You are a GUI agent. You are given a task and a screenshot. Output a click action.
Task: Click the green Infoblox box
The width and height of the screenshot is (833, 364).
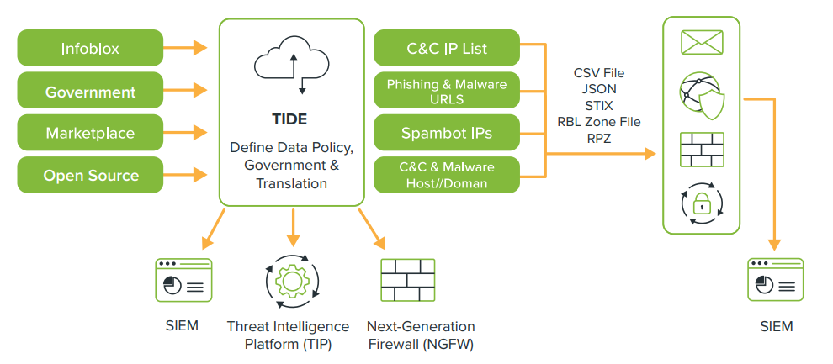point(90,48)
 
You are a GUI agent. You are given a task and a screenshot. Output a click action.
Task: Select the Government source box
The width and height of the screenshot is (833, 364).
point(90,91)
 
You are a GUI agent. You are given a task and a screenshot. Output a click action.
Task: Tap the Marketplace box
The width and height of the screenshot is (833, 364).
point(90,133)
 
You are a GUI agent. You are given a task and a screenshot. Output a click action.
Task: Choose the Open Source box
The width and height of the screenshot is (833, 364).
point(90,176)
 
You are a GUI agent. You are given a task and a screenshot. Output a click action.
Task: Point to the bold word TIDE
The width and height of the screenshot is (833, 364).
point(291,119)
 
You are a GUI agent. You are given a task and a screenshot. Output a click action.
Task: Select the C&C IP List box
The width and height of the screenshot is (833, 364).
point(447,48)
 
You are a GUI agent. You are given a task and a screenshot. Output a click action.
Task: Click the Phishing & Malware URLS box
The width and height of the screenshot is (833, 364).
point(447,91)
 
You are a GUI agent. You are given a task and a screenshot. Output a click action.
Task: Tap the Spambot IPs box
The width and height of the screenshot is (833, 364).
point(447,133)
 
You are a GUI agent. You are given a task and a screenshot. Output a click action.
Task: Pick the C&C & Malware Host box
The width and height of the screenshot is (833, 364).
point(447,174)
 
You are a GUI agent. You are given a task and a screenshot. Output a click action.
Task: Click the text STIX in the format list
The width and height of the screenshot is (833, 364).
point(598,106)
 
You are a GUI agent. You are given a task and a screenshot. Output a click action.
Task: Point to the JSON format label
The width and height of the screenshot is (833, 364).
point(598,89)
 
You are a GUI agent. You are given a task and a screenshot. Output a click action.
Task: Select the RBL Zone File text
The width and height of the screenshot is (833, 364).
point(598,122)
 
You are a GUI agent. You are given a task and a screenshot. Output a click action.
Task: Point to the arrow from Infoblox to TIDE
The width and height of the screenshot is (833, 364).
point(186,48)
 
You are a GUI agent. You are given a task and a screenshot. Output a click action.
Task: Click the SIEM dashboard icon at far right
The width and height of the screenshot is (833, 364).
point(775,280)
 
